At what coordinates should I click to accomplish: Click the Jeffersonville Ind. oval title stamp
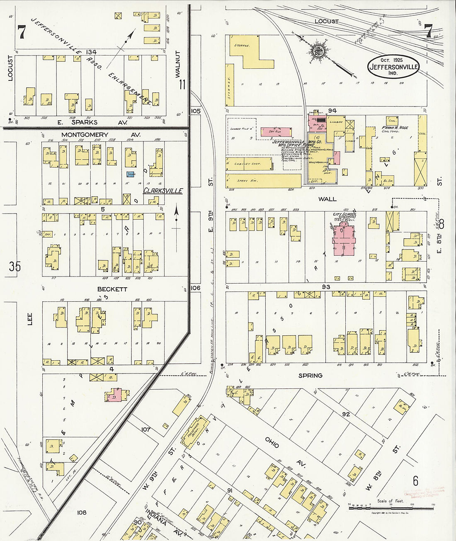[393, 67]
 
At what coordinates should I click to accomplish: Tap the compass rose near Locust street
[318, 51]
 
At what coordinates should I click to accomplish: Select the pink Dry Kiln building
[276, 132]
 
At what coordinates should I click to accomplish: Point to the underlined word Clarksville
[163, 191]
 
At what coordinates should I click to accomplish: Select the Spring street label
[310, 375]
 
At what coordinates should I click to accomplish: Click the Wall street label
[327, 199]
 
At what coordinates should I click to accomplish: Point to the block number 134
[91, 52]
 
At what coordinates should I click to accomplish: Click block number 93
[326, 287]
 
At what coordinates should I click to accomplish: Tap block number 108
[82, 512]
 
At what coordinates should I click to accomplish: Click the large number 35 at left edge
[15, 266]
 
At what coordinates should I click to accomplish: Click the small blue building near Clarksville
[131, 175]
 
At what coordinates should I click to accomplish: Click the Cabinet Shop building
[249, 164]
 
